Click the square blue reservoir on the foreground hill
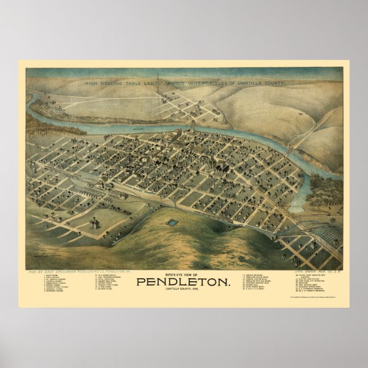point(172,222)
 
